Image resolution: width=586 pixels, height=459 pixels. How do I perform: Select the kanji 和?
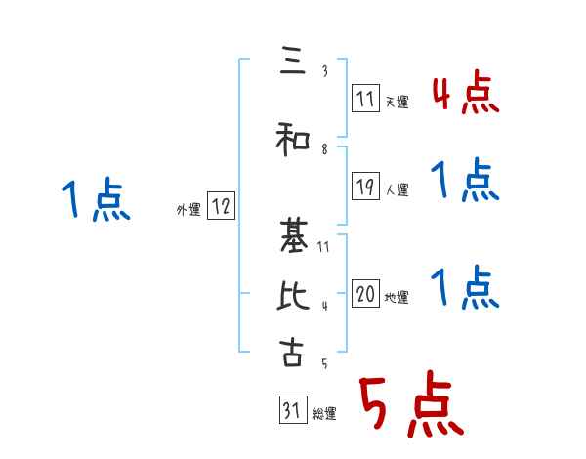[292, 139]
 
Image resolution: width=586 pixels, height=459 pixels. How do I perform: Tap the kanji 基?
[292, 234]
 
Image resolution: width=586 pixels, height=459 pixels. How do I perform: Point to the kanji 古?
[292, 352]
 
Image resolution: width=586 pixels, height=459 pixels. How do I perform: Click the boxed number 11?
[365, 99]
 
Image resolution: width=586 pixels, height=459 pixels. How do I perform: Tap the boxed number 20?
[365, 294]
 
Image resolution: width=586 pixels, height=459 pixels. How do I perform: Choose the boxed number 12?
[221, 206]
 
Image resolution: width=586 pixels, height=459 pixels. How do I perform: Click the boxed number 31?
[292, 411]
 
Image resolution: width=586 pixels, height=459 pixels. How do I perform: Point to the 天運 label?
[397, 102]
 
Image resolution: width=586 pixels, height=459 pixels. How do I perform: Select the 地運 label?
[397, 297]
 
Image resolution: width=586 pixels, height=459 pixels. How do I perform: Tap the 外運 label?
[188, 209]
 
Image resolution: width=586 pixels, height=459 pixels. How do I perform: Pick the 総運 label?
[324, 414]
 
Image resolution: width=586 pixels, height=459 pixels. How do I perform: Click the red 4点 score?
[465, 94]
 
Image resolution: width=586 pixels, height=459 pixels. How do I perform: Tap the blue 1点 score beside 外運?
[95, 200]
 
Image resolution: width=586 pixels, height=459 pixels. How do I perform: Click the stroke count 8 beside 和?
[324, 148]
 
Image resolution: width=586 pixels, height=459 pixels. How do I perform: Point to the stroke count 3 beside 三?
[324, 72]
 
